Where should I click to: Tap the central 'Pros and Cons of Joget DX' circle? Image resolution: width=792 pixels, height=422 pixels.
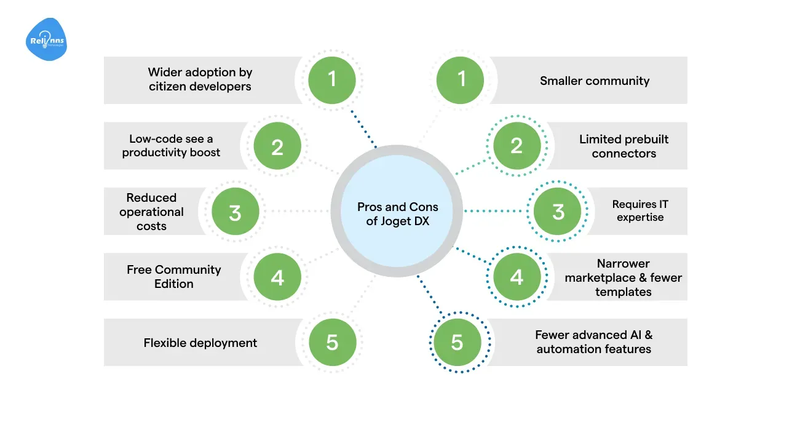point(397,211)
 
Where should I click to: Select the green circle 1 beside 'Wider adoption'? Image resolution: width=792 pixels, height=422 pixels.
point(332,79)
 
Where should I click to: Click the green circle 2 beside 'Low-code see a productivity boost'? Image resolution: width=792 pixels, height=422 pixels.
point(277,146)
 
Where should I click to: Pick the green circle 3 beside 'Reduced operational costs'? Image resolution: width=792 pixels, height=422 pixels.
point(235,212)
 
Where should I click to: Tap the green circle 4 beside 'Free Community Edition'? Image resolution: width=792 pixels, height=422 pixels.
point(277,277)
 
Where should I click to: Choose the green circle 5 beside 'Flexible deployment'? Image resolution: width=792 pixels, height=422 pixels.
point(332,342)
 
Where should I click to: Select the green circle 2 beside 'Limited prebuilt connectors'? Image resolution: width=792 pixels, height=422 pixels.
point(517,146)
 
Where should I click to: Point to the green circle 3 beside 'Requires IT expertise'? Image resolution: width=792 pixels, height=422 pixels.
point(558,212)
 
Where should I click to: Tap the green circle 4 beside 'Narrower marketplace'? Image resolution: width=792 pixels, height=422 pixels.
point(517,277)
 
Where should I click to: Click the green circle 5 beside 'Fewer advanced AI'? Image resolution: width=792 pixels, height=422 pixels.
point(457,342)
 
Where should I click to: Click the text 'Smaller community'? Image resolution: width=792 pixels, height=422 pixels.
point(595,81)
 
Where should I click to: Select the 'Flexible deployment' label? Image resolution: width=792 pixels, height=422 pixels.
point(200,343)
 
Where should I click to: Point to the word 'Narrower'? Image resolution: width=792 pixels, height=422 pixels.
point(623,263)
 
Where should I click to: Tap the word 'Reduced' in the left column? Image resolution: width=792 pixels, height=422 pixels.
point(151,197)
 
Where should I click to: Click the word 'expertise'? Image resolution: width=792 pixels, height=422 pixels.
point(640,218)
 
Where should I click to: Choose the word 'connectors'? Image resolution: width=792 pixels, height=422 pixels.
point(624,153)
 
